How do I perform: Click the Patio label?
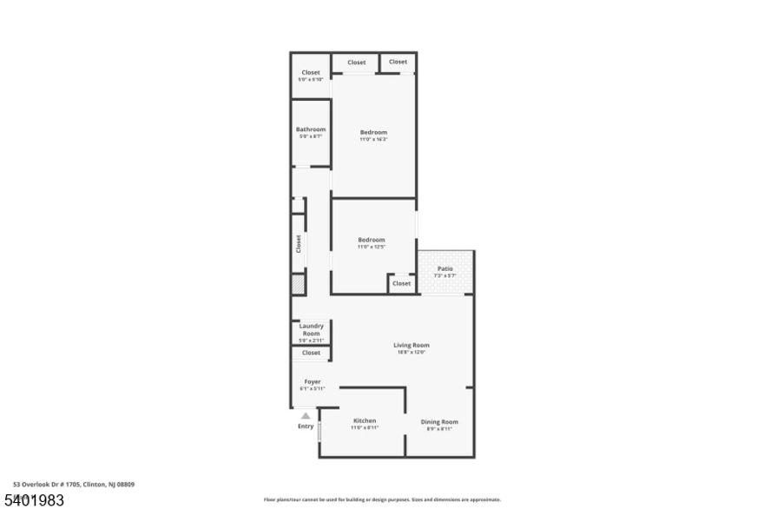click(445, 268)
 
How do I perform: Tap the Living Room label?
click(413, 345)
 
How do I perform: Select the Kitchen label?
click(364, 420)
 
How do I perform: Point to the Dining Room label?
click(439, 421)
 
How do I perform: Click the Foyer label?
click(312, 381)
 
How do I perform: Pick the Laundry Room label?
click(311, 329)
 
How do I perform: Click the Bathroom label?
click(310, 129)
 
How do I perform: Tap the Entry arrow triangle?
click(306, 416)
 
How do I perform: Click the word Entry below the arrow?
click(306, 426)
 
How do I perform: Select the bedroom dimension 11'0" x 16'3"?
click(373, 139)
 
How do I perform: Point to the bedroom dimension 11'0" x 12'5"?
click(371, 247)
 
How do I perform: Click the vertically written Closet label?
click(298, 243)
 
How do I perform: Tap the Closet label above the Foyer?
click(311, 353)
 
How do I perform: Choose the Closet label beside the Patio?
click(401, 283)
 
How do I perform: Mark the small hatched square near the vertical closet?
click(297, 283)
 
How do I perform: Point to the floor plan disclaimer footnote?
click(382, 499)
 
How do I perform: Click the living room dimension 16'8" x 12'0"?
click(413, 352)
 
